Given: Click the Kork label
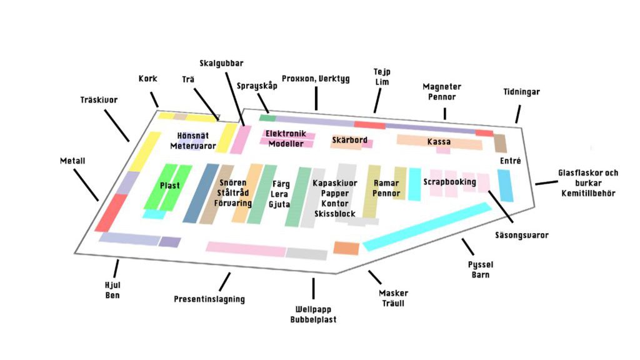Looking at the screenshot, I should tap(147, 79).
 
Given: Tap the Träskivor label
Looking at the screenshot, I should tap(99, 99).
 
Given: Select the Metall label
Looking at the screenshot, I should tap(72, 161).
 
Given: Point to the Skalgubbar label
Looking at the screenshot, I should tap(221, 63).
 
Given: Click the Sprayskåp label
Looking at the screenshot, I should tap(257, 86).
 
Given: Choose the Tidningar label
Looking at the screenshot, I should tap(521, 92).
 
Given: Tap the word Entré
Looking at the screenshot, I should tap(510, 161).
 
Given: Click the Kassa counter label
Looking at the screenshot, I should tap(439, 142).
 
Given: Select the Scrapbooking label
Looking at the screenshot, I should tap(449, 182).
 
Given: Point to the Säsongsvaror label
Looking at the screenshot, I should tap(521, 236).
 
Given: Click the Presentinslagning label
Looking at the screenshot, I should tap(209, 299).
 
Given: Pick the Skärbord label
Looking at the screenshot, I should tap(349, 140).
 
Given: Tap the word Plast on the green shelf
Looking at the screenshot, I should tap(169, 186).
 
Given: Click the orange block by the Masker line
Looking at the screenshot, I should tap(346, 248).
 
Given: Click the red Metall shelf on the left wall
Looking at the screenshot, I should tap(111, 212).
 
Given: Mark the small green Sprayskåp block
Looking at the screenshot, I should tap(267, 117).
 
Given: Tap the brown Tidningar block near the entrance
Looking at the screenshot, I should tap(500, 143).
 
